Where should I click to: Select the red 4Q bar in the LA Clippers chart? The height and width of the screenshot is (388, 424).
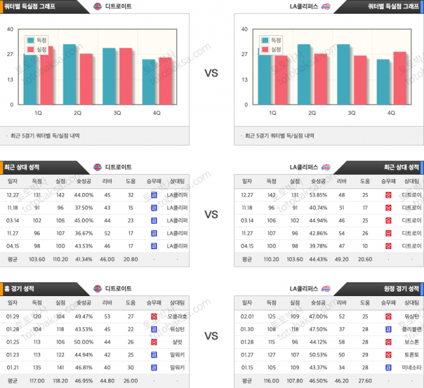pyautogui.click(x=399, y=78)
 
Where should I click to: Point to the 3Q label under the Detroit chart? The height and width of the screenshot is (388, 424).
pyautogui.click(x=117, y=113)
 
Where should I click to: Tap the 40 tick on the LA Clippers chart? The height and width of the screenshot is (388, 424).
pyautogui.click(x=244, y=29)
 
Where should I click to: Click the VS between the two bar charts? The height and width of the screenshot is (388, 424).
pyautogui.click(x=211, y=74)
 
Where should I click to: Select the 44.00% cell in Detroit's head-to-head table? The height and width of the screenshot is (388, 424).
pyautogui.click(x=83, y=195)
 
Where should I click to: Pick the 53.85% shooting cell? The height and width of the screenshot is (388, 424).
pyautogui.click(x=318, y=195)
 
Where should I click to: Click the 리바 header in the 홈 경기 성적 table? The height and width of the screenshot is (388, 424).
pyautogui.click(x=107, y=303)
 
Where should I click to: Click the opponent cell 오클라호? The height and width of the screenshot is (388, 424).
pyautogui.click(x=177, y=316)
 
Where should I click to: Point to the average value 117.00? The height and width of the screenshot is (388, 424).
pyautogui.click(x=37, y=380)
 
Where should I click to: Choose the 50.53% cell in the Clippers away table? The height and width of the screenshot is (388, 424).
pyautogui.click(x=318, y=355)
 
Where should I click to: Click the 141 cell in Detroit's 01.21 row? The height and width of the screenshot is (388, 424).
pyautogui.click(x=61, y=367)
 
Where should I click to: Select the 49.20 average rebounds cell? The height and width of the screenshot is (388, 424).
pyautogui.click(x=342, y=259)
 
